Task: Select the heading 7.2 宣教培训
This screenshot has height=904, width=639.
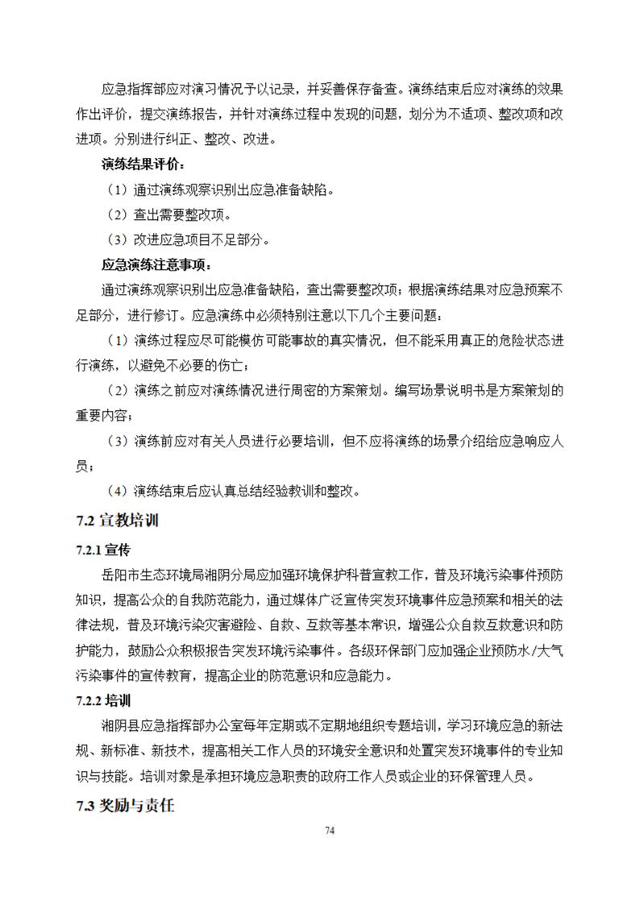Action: pyautogui.click(x=113, y=520)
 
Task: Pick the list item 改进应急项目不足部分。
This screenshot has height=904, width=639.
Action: pyautogui.click(x=201, y=240)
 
